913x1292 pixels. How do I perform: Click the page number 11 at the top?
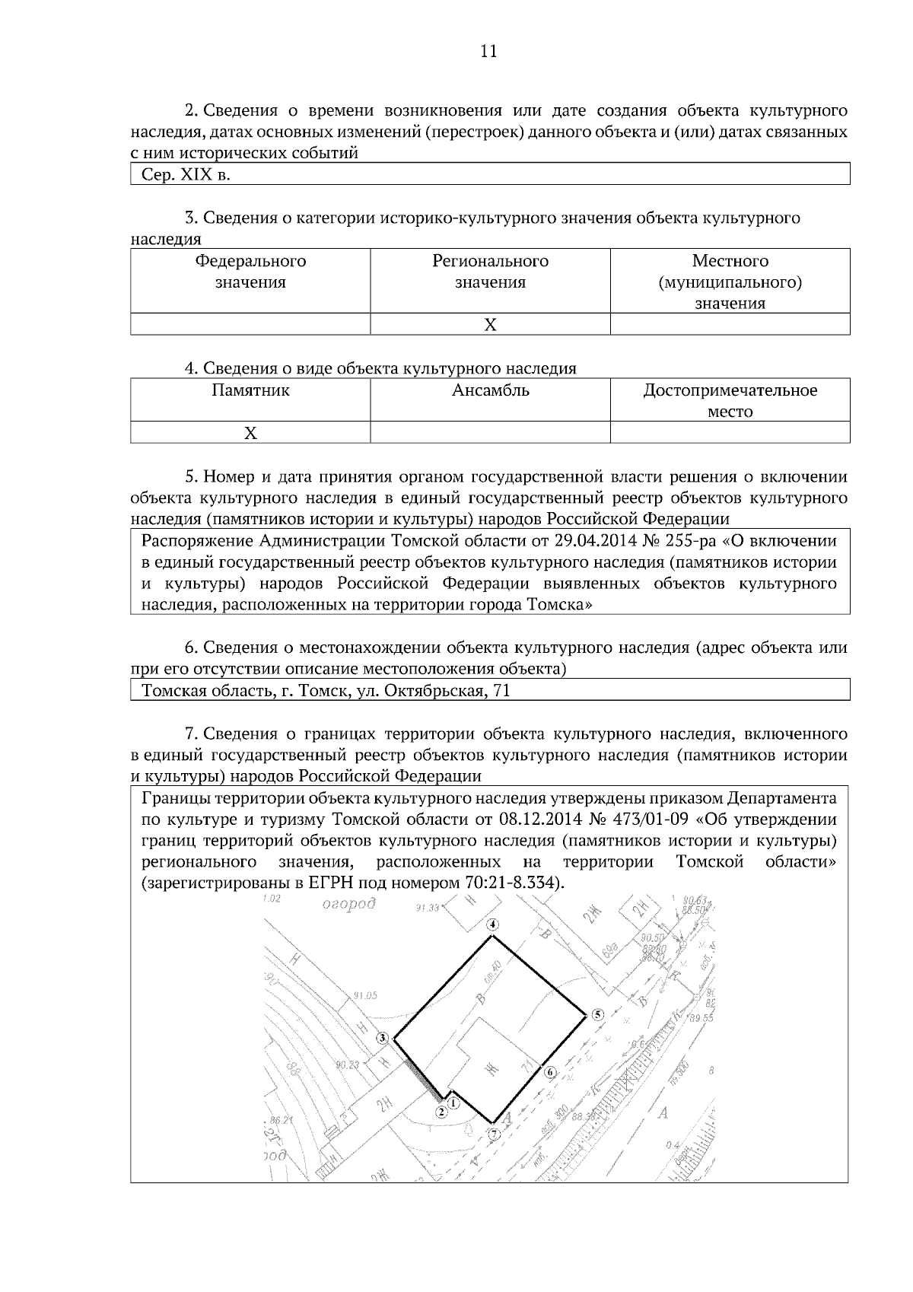click(488, 51)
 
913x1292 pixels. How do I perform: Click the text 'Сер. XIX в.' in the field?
click(186, 175)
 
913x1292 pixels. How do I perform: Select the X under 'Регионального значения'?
click(490, 325)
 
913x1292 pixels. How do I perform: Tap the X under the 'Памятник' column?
click(250, 433)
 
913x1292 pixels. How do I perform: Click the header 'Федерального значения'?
click(250, 272)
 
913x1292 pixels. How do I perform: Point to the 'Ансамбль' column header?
click(490, 391)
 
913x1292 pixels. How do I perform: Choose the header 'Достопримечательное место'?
click(730, 401)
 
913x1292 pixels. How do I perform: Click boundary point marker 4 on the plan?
click(492, 925)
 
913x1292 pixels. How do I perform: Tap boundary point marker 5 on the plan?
click(597, 1014)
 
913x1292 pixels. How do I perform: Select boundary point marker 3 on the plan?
click(383, 1038)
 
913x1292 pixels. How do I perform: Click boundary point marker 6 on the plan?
click(550, 1073)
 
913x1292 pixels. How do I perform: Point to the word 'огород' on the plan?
click(349, 905)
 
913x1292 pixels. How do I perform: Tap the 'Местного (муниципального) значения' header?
click(730, 282)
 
